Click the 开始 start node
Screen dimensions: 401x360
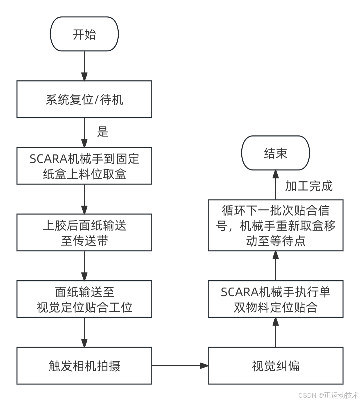(84, 34)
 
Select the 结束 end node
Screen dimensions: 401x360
(275, 153)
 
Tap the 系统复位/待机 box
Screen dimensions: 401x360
(84, 99)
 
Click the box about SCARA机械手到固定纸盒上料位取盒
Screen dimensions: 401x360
(84, 166)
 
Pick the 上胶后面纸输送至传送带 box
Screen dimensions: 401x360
(84, 233)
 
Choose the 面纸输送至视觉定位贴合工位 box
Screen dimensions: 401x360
(84, 299)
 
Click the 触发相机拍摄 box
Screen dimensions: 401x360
(84, 366)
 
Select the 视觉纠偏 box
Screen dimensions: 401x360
(275, 366)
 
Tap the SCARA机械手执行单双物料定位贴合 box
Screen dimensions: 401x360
(275, 299)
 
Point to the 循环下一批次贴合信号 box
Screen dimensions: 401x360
(275, 226)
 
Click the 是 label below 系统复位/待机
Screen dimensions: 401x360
(103, 132)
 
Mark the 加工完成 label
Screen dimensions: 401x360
(309, 186)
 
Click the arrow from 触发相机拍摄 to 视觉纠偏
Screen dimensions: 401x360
(180, 366)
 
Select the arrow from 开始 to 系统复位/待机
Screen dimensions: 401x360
(84, 66)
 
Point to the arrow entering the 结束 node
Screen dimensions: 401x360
(275, 185)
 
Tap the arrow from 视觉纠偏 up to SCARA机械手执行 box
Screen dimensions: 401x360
(275, 332)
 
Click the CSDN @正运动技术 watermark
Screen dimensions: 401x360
(328, 395)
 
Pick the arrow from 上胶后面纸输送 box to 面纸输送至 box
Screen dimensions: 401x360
(84, 266)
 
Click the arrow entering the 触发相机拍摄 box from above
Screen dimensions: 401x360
(84, 332)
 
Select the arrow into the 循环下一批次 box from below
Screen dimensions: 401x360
(275, 266)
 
